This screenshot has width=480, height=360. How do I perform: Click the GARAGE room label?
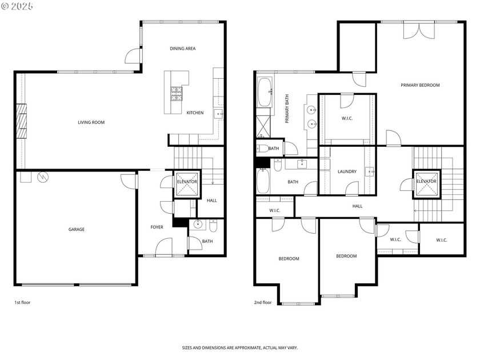(77, 229)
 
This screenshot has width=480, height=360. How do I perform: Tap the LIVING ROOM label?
(91, 122)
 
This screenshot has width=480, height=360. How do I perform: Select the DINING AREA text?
(182, 49)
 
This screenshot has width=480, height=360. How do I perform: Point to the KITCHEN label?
(195, 113)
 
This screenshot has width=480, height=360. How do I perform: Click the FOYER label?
(157, 227)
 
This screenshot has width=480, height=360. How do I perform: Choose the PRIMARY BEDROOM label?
(420, 85)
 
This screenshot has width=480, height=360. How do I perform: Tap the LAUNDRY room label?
(347, 171)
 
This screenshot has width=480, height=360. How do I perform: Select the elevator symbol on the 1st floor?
(186, 183)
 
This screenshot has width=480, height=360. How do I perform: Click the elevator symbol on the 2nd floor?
(426, 182)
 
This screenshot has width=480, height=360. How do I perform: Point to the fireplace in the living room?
(21, 121)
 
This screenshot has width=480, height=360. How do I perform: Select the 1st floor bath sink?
(197, 223)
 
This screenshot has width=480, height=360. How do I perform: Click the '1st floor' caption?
(22, 302)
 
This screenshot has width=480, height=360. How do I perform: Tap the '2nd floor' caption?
(263, 302)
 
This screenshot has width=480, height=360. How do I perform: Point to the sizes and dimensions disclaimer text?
(239, 347)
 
